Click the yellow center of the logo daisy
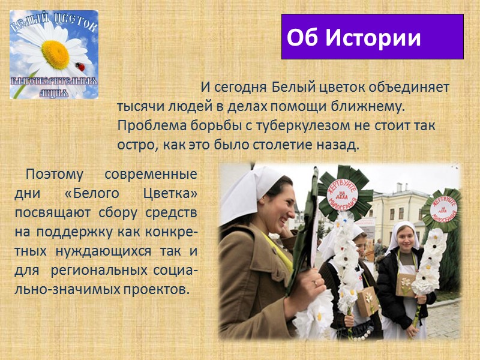[x=55, y=53]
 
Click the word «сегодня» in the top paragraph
[x=241, y=88]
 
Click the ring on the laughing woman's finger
[x=316, y=281]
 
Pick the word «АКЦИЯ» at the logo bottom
[x=54, y=92]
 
